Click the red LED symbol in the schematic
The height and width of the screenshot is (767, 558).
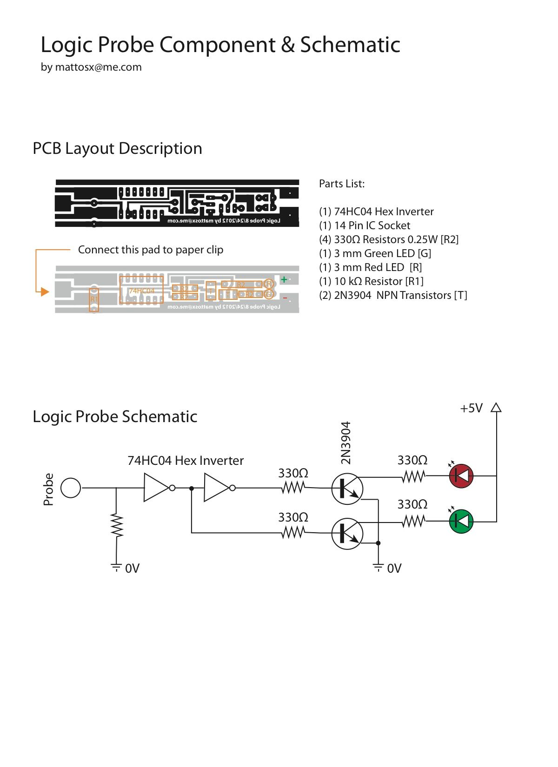click(x=461, y=476)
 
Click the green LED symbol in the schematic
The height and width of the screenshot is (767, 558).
click(x=461, y=521)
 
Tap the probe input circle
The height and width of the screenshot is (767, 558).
click(x=71, y=488)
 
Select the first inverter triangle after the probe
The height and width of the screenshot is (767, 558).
click(x=156, y=488)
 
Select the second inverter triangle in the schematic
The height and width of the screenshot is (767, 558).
click(x=216, y=488)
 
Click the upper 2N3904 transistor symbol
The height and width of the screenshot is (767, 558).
click(x=347, y=489)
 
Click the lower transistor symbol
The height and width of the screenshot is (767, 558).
click(x=347, y=533)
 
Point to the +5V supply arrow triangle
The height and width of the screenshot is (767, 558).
click(x=496, y=408)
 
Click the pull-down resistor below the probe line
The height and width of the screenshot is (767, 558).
click(x=116, y=526)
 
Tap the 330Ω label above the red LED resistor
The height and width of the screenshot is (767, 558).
click(x=412, y=460)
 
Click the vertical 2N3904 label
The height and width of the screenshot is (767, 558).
click(x=345, y=443)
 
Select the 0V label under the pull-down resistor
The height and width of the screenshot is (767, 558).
click(x=132, y=569)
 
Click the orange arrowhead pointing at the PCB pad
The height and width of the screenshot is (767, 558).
click(x=45, y=291)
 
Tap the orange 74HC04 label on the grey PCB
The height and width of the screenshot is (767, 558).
click(x=141, y=291)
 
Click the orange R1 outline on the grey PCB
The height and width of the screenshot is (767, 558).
click(x=94, y=299)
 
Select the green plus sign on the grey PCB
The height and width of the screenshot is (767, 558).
click(x=284, y=279)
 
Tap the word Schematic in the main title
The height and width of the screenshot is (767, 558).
click(x=350, y=45)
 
